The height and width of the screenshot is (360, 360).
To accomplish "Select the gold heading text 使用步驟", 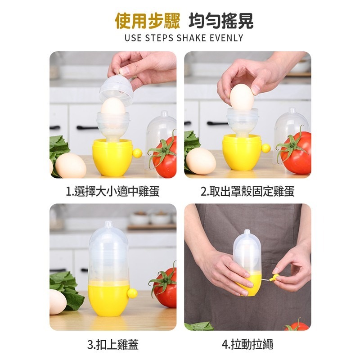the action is [148, 21].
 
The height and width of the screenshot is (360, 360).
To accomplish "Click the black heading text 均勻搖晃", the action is [221, 21].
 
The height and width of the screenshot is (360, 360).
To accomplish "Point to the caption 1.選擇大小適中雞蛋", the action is [112, 191].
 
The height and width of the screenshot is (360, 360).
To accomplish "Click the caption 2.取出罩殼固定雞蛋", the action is [247, 191].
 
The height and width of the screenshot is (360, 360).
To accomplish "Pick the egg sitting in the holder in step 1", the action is [113, 106].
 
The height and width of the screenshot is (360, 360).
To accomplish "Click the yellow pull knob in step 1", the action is [137, 153].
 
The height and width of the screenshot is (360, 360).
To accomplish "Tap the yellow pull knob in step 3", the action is [132, 294].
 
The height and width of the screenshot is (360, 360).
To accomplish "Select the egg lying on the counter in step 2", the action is [201, 161].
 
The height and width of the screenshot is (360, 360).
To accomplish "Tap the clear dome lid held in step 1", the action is [117, 88].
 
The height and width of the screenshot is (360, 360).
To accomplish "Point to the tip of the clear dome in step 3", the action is [108, 222].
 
